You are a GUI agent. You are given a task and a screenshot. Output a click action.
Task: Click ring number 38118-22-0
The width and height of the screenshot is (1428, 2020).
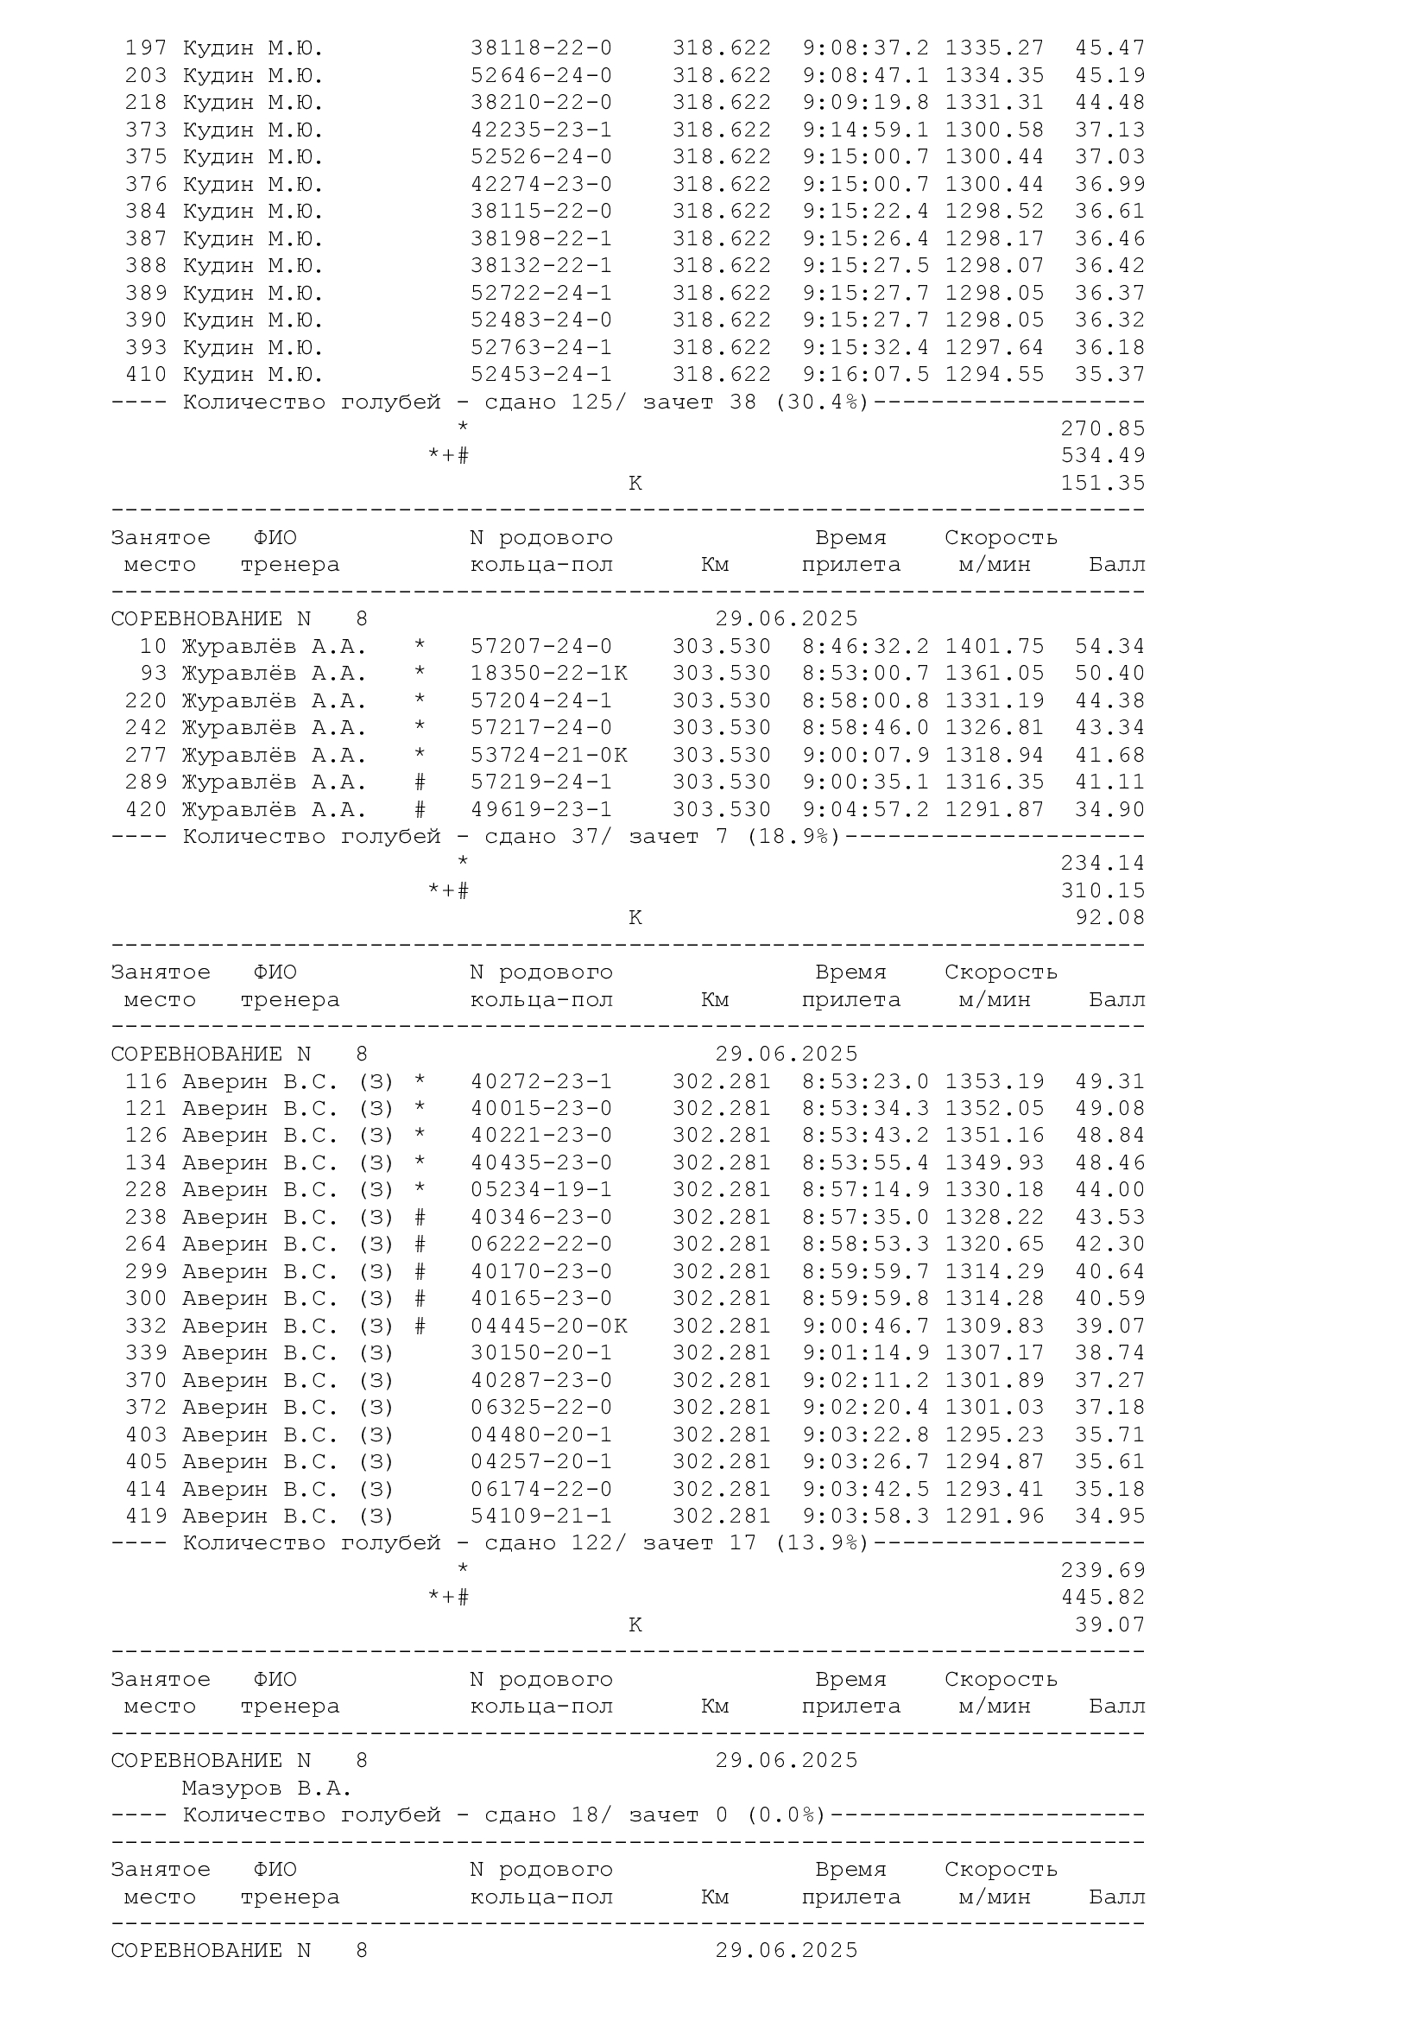pos(540,47)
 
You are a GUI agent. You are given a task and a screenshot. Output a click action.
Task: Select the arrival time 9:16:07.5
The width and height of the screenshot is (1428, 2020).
pos(865,374)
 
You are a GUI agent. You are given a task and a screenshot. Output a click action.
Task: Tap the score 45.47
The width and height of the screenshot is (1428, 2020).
pos(1109,47)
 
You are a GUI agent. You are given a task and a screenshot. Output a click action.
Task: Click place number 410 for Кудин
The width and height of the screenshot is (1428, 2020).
pos(146,374)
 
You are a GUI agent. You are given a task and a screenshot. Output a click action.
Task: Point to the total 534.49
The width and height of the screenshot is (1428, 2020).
pos(1103,456)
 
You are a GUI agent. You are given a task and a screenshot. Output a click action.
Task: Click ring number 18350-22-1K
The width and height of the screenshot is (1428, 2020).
pos(549,673)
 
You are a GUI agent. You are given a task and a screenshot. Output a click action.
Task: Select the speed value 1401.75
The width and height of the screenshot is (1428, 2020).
pos(995,646)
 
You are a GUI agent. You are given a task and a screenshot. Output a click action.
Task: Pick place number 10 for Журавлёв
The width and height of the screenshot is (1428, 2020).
pos(153,646)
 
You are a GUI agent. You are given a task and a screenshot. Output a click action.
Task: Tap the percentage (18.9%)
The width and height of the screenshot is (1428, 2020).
pos(793,837)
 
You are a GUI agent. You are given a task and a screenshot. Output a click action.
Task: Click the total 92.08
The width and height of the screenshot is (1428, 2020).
pos(1109,918)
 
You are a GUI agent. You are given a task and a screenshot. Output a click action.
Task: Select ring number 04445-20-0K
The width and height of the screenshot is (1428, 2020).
pos(549,1326)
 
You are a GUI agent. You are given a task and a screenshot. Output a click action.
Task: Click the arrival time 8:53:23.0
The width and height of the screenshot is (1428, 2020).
pos(865,1081)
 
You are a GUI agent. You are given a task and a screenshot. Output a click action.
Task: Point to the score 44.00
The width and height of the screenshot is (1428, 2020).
pos(1109,1189)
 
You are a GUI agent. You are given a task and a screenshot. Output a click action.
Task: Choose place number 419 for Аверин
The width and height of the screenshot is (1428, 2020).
pos(146,1516)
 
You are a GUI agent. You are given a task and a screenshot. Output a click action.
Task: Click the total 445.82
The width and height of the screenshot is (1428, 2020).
pos(1103,1597)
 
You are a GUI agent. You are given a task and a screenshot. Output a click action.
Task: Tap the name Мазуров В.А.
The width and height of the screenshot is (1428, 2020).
pos(267,1788)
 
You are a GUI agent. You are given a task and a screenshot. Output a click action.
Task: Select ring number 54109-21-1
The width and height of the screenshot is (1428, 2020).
pos(540,1516)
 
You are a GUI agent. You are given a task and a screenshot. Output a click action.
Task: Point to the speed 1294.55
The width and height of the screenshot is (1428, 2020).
pos(995,374)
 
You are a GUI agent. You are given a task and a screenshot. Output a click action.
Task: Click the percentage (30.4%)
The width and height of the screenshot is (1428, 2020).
pos(821,402)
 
